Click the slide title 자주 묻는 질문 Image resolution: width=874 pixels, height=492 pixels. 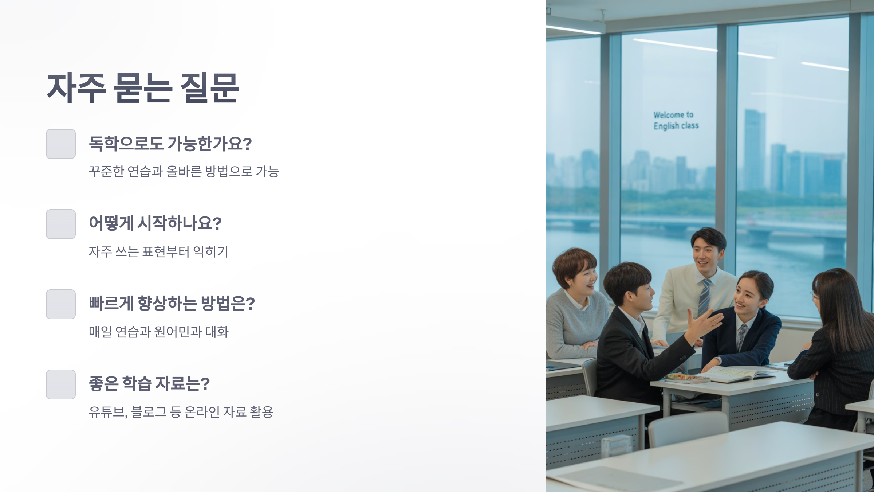tap(143, 88)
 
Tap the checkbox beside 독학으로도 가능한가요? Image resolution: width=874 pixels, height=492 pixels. tap(61, 144)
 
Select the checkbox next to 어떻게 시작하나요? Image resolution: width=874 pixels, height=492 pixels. tap(61, 224)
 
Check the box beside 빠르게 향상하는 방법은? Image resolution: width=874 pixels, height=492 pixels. tap(61, 304)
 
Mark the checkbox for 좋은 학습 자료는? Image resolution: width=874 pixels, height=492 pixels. tap(61, 384)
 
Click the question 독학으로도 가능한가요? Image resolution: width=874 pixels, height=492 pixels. tap(170, 144)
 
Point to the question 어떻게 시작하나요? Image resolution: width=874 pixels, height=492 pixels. tap(155, 223)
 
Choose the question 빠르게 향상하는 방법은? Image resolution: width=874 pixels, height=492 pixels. tap(172, 304)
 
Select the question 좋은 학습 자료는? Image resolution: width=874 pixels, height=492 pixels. tap(149, 384)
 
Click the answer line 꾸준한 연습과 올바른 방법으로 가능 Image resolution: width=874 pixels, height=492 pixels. tap(184, 171)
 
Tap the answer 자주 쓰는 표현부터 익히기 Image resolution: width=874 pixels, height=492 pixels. tap(158, 251)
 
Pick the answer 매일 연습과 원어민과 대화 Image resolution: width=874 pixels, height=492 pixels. tap(158, 332)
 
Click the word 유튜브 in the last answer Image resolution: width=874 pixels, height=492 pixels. tap(107, 412)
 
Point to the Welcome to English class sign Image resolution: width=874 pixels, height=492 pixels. tap(676, 120)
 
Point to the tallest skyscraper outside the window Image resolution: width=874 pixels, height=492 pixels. tap(755, 149)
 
